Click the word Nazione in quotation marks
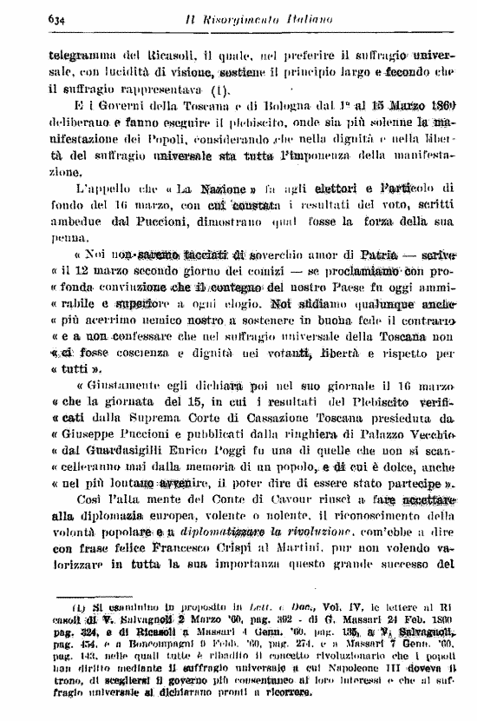(x=212, y=187)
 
